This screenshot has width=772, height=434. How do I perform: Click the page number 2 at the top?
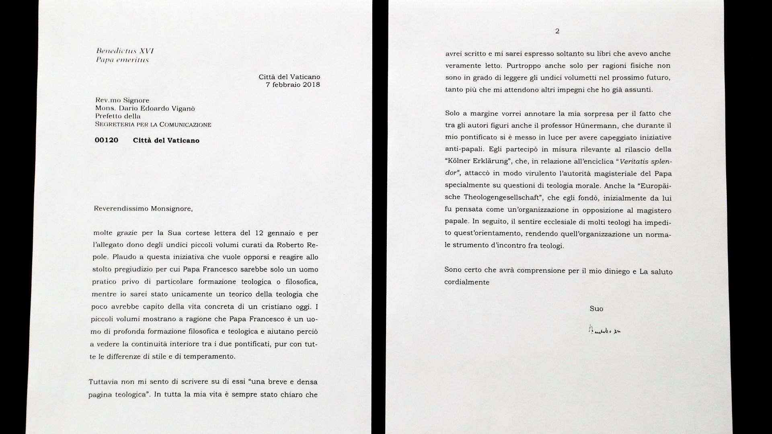[x=557, y=31]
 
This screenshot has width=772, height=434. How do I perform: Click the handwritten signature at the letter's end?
[x=604, y=330]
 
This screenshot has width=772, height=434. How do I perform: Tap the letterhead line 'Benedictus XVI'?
[x=125, y=51]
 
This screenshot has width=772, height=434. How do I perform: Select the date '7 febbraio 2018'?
[x=293, y=85]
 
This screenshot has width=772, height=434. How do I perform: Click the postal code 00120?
[x=107, y=140]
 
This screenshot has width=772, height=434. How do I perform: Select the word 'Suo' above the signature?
[x=596, y=309]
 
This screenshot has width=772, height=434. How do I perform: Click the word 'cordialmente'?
[x=467, y=282]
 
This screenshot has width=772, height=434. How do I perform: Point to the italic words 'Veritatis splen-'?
[x=646, y=162]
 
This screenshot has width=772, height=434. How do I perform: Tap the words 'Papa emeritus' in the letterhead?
[x=122, y=60]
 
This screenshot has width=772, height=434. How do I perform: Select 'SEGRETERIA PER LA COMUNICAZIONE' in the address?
[x=153, y=125]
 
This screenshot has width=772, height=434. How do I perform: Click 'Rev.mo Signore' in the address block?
[x=122, y=100]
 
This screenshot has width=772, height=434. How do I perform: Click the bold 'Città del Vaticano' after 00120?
[x=166, y=141]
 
